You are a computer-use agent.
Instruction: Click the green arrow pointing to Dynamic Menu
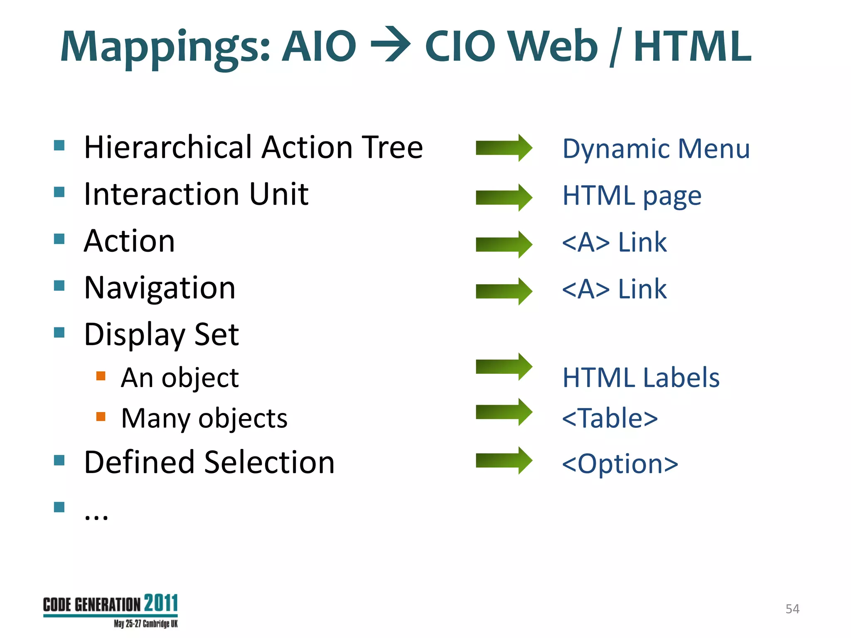click(x=504, y=148)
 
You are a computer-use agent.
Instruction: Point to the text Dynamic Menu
click(x=656, y=149)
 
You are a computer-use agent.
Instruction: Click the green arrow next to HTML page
click(x=504, y=197)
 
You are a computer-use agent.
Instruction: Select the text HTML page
click(x=632, y=196)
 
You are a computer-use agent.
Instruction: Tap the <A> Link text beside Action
click(x=614, y=242)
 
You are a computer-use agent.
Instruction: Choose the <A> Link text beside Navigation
click(x=614, y=289)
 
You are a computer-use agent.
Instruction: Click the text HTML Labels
click(x=640, y=378)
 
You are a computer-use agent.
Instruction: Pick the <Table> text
click(x=610, y=418)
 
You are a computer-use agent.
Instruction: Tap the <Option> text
click(x=620, y=464)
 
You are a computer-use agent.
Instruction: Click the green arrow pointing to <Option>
click(x=504, y=460)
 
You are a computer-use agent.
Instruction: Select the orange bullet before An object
click(x=101, y=376)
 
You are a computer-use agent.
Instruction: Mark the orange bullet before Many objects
click(x=101, y=416)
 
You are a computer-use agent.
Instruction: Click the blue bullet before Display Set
click(x=59, y=332)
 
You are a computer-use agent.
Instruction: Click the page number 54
click(x=792, y=609)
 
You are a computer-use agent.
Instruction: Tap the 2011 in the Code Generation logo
click(x=161, y=604)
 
